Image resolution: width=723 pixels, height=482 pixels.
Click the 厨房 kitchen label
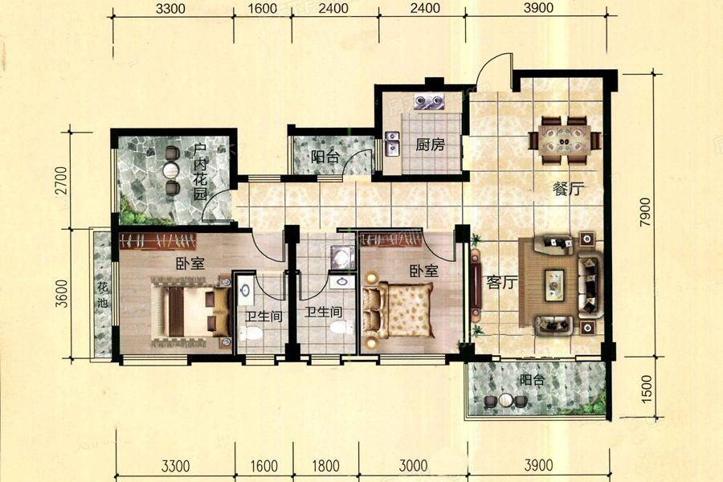430,145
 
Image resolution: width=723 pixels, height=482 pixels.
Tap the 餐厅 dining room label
569,189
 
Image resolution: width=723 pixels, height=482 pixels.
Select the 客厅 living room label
501,282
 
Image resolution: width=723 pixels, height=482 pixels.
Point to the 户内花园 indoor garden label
200,172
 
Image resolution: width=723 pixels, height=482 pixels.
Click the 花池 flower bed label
102,295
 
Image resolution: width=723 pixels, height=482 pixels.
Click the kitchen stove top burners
429,101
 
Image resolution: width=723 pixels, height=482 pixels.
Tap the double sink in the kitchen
392,144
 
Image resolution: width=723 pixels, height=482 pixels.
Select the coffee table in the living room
554,285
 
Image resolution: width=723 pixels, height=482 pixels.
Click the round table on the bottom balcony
506,400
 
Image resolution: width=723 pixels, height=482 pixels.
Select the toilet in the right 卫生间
341,328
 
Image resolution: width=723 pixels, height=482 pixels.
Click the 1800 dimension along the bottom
325,466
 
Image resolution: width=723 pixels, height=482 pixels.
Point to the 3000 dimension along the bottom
413,466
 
